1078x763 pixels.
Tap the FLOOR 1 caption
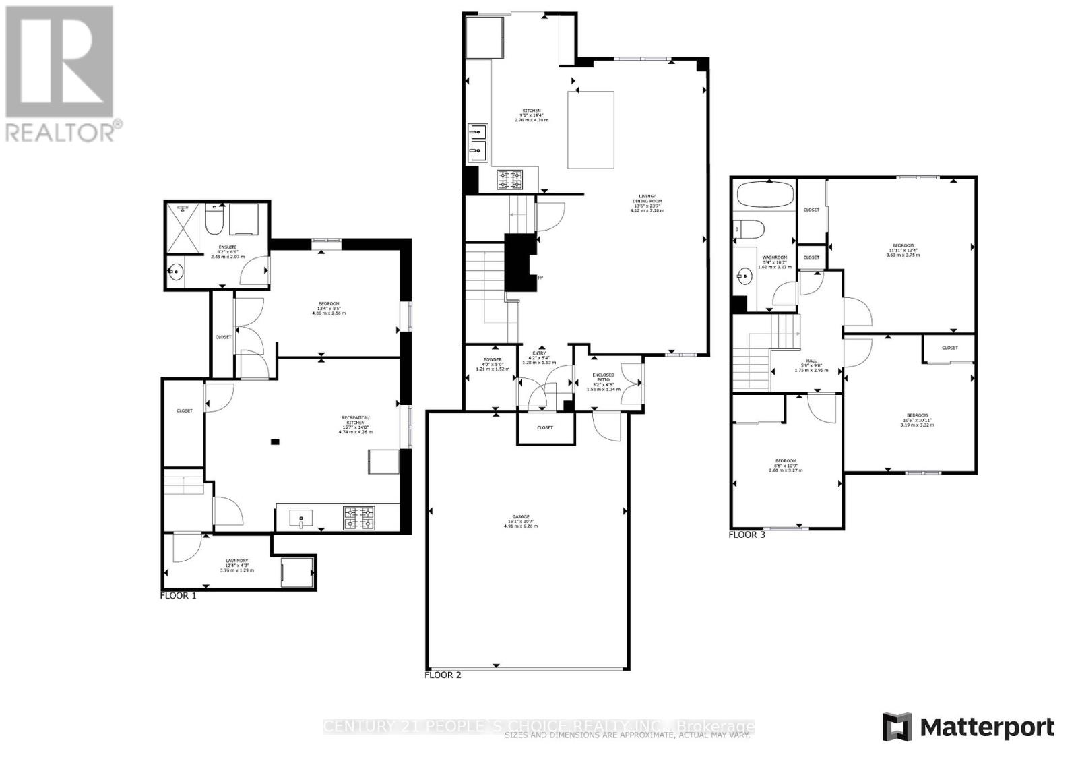click(178, 596)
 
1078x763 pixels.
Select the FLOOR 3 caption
click(747, 535)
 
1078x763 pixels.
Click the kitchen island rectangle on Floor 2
click(591, 129)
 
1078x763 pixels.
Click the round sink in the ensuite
click(176, 272)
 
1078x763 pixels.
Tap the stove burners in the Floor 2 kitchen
click(510, 180)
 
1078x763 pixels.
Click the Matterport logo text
click(986, 727)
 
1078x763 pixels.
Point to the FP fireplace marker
click(540, 277)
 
